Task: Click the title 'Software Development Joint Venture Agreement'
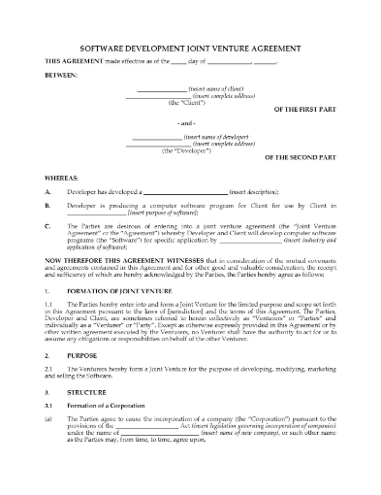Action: click(x=189, y=46)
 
